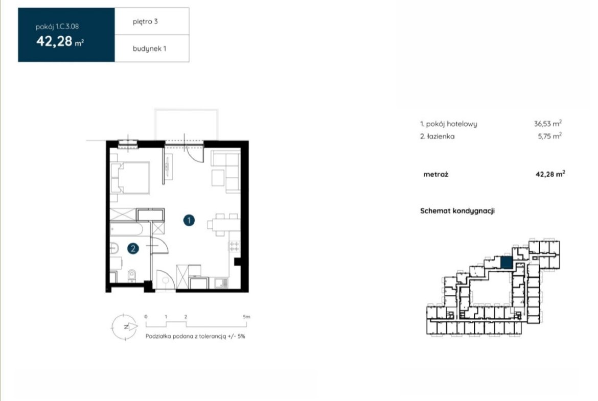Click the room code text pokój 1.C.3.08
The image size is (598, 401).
[x=57, y=27]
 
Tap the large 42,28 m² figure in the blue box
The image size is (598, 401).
[x=60, y=41]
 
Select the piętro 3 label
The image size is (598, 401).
[x=145, y=22]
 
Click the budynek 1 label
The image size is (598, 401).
[x=149, y=49]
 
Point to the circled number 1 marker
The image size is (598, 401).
[x=189, y=220]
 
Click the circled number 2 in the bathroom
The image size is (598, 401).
[x=133, y=249]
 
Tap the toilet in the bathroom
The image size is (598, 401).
[x=131, y=275]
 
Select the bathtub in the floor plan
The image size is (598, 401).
[x=127, y=229]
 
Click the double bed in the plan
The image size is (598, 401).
[x=130, y=178]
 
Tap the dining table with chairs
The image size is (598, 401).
[x=224, y=225]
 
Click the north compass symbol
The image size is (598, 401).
[x=124, y=326]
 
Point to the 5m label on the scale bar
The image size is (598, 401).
[x=246, y=317]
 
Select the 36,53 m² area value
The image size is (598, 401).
[x=548, y=124]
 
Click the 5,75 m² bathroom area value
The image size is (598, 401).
[x=549, y=136]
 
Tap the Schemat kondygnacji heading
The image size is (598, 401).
[x=457, y=211]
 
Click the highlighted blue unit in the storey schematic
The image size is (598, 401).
[x=506, y=263]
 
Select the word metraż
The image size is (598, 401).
[x=435, y=175]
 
